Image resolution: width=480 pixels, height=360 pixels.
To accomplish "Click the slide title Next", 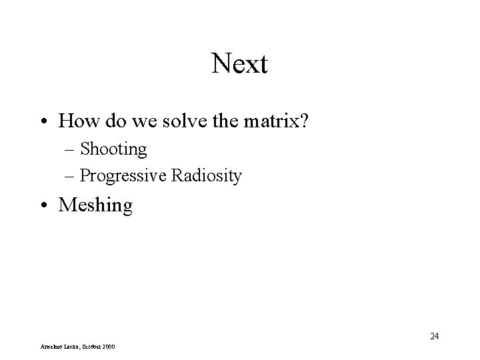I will (239, 65).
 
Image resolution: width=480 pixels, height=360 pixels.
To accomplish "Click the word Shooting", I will (113, 149).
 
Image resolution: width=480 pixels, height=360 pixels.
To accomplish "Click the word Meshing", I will (95, 206).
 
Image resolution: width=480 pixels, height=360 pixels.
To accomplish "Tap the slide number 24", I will (434, 336).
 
